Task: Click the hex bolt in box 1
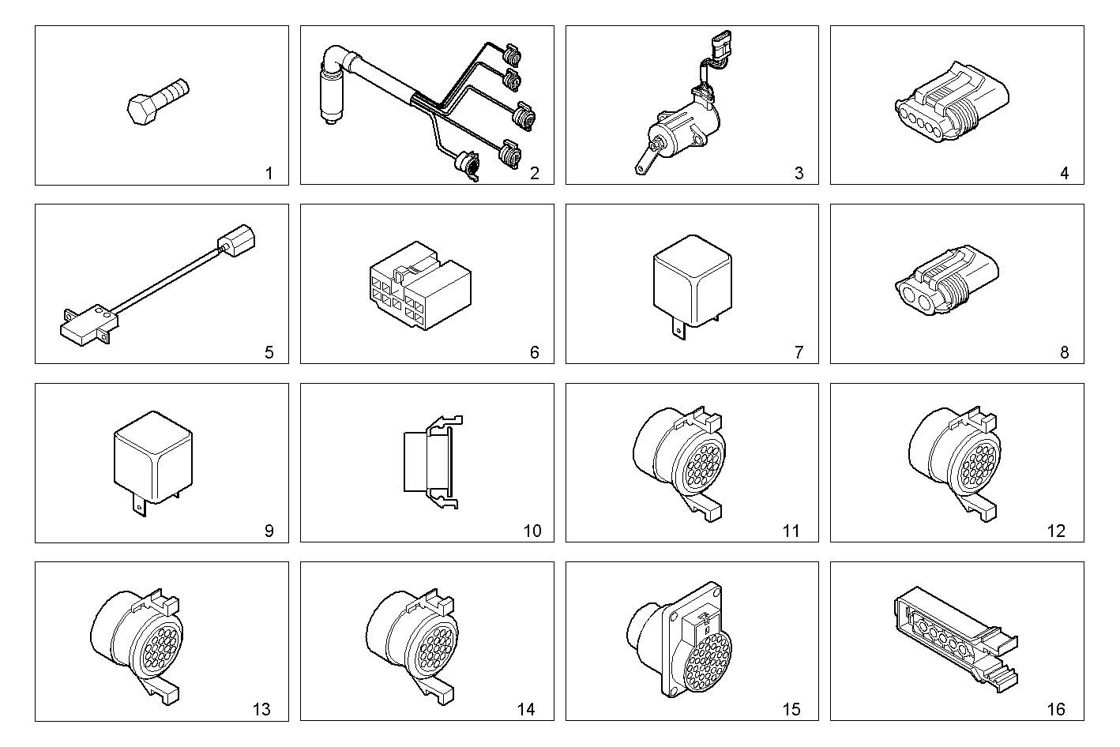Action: pyautogui.click(x=158, y=102)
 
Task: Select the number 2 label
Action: pyautogui.click(x=535, y=173)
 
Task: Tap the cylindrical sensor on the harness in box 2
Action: pyautogui.click(x=329, y=96)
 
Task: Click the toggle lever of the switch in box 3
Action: pyautogui.click(x=645, y=158)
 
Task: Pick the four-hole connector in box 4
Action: pyautogui.click(x=952, y=102)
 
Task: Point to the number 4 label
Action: pyautogui.click(x=1065, y=173)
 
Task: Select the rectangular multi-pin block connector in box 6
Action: pyautogui.click(x=420, y=286)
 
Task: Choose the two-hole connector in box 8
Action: pyautogui.click(x=946, y=280)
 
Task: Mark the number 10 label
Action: pyautogui.click(x=532, y=531)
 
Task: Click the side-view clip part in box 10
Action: pyautogui.click(x=433, y=462)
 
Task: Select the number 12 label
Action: pyautogui.click(x=1056, y=531)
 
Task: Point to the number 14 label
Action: pyautogui.click(x=526, y=709)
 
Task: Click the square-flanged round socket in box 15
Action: pyautogui.click(x=679, y=640)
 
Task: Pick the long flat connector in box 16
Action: pyautogui.click(x=956, y=639)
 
